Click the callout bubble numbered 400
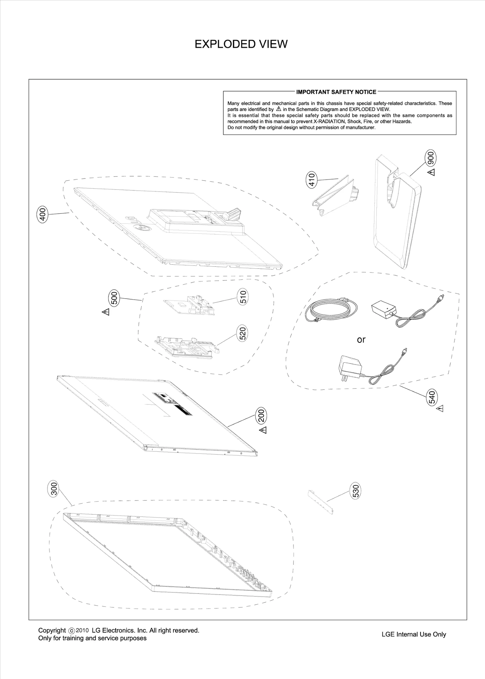(x=42, y=215)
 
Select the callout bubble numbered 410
(x=312, y=179)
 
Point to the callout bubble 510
(x=243, y=297)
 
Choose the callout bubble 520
(x=243, y=333)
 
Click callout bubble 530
(x=356, y=491)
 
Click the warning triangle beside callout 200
(x=263, y=430)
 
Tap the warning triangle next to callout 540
(x=440, y=409)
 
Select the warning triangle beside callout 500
(x=106, y=312)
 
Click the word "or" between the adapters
(x=361, y=340)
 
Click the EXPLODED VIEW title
(x=241, y=44)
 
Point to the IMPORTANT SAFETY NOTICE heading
(x=336, y=92)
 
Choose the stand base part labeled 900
(x=398, y=212)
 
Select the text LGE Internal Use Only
(x=414, y=634)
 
